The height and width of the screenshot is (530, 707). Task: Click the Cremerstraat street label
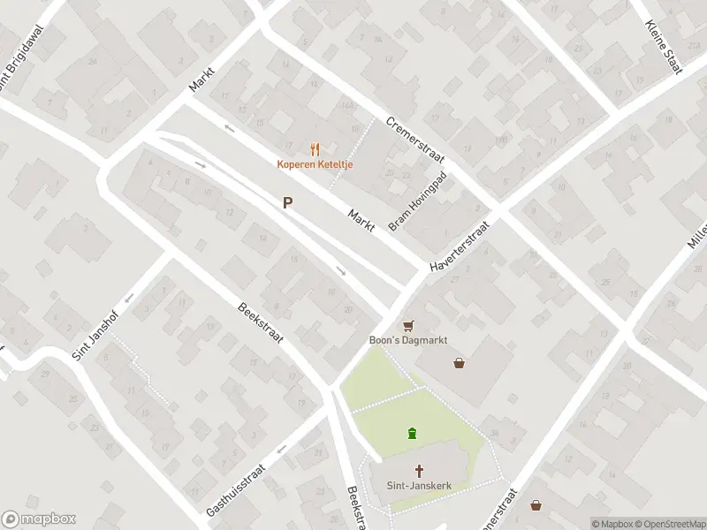414,140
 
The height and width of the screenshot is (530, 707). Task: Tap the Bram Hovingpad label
418,202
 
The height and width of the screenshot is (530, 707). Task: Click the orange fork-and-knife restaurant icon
314,149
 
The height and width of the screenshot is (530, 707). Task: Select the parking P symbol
287,202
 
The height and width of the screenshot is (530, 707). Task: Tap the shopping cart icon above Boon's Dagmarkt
408,327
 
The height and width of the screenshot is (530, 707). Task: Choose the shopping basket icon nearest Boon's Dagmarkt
459,362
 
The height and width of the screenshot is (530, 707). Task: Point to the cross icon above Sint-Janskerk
418,471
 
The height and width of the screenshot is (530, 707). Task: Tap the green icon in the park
412,433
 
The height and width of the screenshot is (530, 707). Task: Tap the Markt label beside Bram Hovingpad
361,219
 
